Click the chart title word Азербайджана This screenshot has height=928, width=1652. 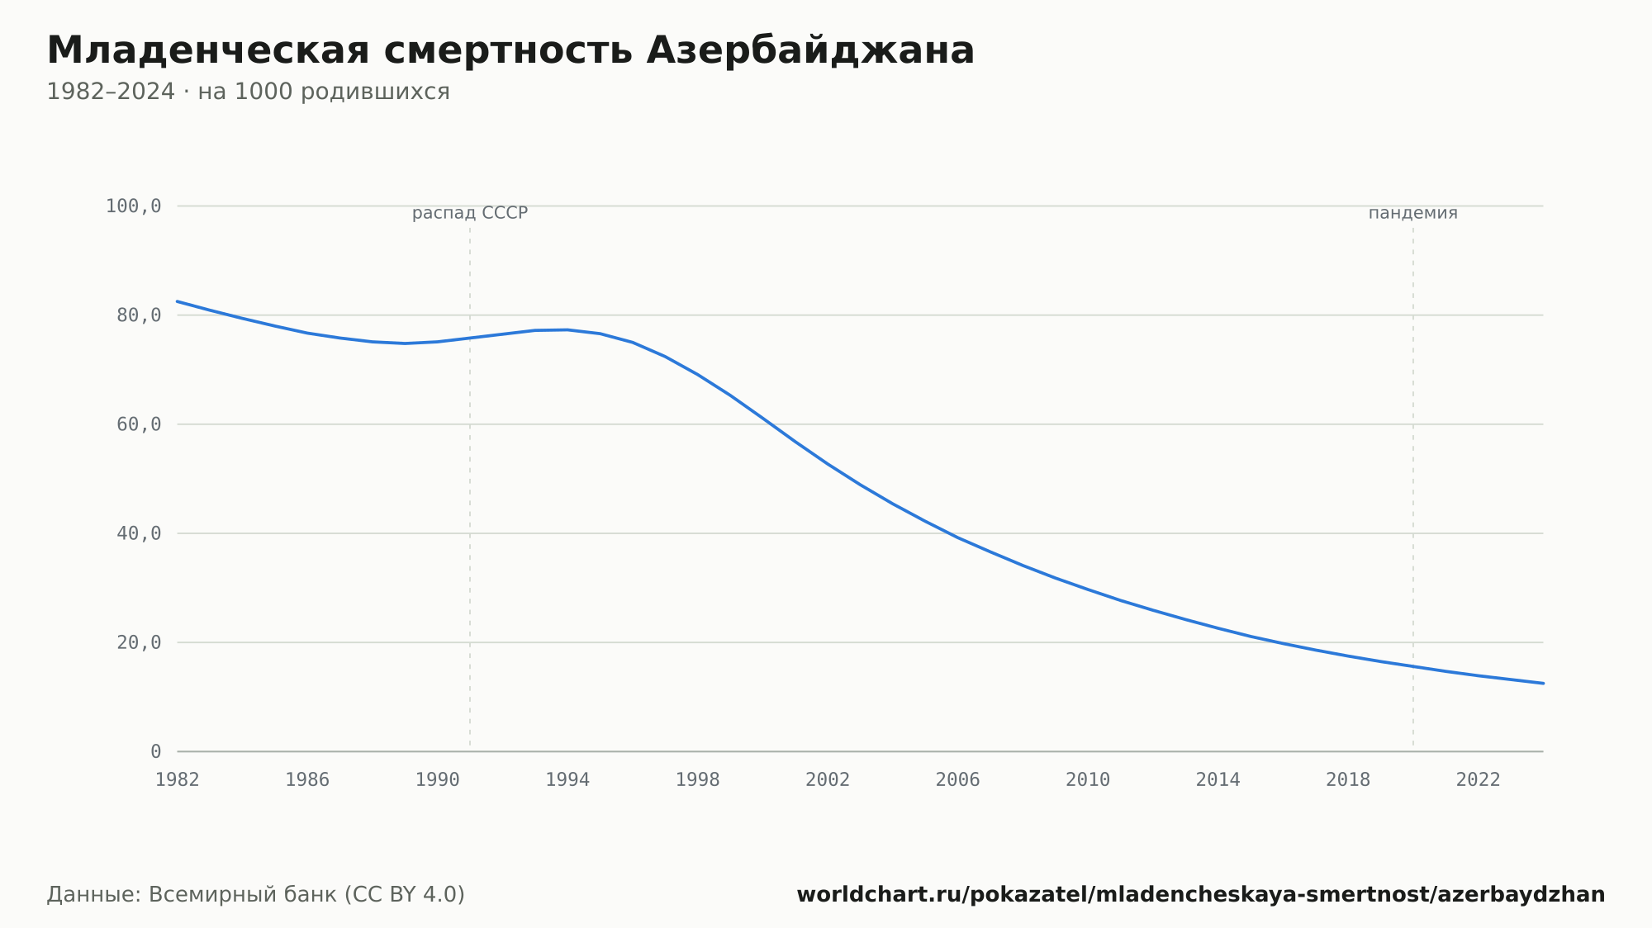pyautogui.click(x=810, y=51)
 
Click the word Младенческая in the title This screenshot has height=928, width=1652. pyautogui.click(x=208, y=50)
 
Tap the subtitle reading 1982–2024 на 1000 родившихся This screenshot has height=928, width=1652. pyautogui.click(x=248, y=92)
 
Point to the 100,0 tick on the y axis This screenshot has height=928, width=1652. pyautogui.click(x=133, y=206)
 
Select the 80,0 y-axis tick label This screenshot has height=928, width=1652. pyautogui.click(x=139, y=315)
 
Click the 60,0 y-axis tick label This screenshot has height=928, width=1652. pyautogui.click(x=139, y=424)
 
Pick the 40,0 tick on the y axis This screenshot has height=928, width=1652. pyautogui.click(x=139, y=533)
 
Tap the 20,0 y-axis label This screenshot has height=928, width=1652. pyautogui.click(x=139, y=642)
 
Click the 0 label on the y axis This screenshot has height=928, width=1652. pyautogui.click(x=155, y=751)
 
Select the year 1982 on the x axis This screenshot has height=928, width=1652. pyautogui.click(x=178, y=780)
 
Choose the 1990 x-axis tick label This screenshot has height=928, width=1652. pyautogui.click(x=438, y=780)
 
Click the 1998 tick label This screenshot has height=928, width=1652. pyautogui.click(x=698, y=780)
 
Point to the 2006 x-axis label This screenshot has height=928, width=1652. pyautogui.click(x=958, y=780)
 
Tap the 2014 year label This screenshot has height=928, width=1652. pyautogui.click(x=1218, y=780)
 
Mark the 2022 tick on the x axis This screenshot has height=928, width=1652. pyautogui.click(x=1479, y=780)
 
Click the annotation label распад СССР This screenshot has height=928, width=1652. pyautogui.click(x=470, y=213)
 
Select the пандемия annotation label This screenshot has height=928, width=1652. pyautogui.click(x=1413, y=213)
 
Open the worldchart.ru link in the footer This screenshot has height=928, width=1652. pyautogui.click(x=1201, y=895)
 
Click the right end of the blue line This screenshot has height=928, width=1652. pyautogui.click(x=1543, y=684)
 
